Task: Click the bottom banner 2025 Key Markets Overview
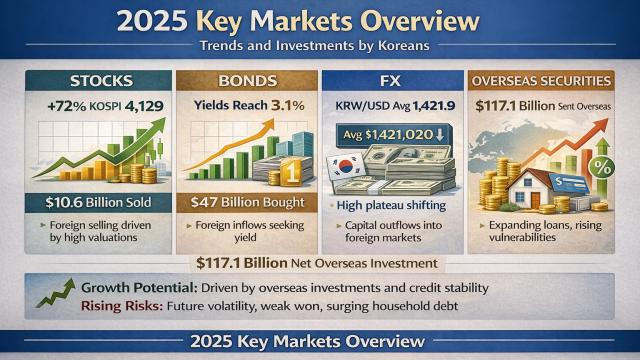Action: click(320, 341)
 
